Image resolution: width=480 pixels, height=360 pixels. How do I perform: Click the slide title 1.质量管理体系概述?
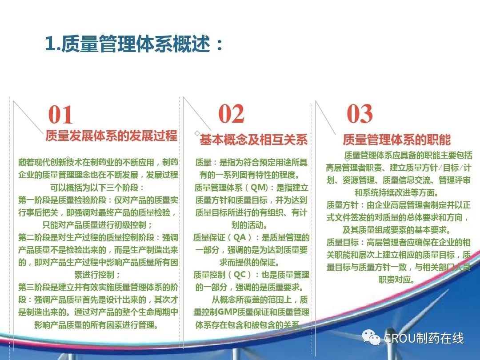134,44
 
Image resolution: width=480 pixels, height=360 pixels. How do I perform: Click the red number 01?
60,115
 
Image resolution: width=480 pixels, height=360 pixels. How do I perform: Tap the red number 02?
231,114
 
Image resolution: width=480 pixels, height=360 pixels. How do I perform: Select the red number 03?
360,114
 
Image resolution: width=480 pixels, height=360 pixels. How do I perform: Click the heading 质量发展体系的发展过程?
112,136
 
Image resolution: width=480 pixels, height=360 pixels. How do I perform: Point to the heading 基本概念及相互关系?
253,140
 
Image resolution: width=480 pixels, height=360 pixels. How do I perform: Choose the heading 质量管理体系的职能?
396,140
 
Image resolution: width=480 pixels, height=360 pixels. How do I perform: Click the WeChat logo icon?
371,337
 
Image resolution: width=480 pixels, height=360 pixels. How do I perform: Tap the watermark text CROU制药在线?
424,338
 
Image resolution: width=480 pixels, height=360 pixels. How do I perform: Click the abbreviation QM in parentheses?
259,187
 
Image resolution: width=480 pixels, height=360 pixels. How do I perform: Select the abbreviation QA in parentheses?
240,237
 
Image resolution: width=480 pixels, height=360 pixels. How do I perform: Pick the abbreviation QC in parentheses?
240,274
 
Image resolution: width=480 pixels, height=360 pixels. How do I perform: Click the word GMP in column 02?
228,312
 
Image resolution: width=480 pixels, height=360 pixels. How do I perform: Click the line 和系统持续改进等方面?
397,192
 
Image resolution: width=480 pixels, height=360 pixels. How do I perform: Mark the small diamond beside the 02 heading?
197,133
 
